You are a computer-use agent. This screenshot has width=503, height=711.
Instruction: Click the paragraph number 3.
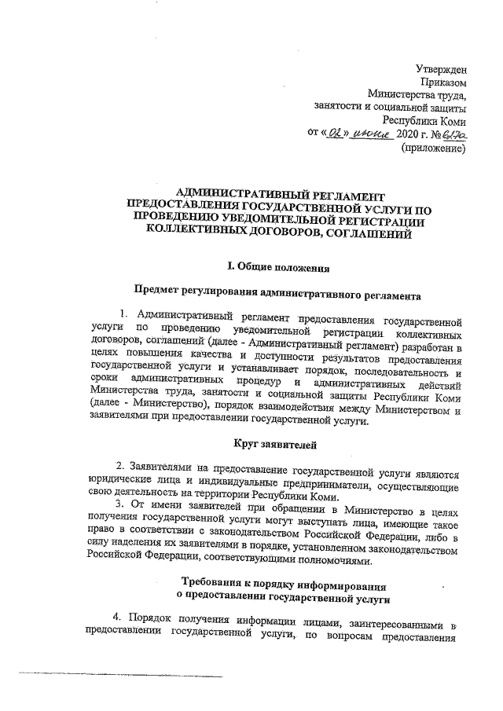pos(118,502)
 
